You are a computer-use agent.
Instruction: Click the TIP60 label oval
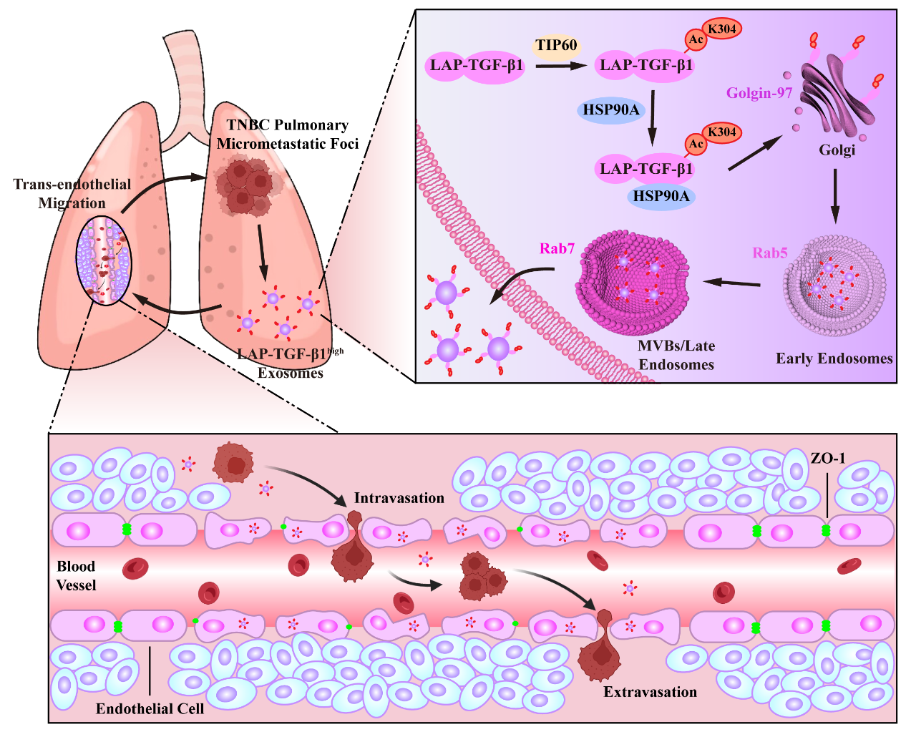[556, 46]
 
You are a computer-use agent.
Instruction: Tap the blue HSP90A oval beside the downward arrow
[611, 110]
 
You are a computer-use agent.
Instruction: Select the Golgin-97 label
[759, 93]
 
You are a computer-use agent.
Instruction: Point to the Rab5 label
[770, 253]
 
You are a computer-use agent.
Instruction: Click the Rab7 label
[557, 248]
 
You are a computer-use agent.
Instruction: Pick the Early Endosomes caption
[834, 358]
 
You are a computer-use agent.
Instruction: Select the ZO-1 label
[828, 458]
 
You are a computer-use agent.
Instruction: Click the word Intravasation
[399, 498]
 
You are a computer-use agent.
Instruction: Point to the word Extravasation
[650, 692]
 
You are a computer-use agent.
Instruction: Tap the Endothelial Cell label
[150, 708]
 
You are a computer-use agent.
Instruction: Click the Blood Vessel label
[76, 575]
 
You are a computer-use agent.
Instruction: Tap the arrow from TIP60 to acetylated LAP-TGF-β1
[561, 66]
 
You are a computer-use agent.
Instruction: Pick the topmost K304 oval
[721, 29]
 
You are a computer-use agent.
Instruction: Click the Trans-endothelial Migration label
[72, 193]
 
